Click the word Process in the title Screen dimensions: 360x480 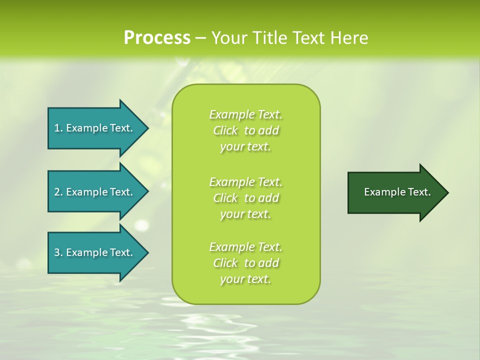[x=157, y=38]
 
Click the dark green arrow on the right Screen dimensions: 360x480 [x=395, y=192]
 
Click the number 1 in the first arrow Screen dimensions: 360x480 [x=57, y=128]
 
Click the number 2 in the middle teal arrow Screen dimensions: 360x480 [x=57, y=192]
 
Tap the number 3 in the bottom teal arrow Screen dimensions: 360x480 [x=57, y=252]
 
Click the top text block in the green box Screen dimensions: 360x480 [x=246, y=130]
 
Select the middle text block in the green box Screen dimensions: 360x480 [x=246, y=198]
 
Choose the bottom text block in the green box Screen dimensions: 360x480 [x=246, y=263]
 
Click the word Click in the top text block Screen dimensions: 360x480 [x=225, y=131]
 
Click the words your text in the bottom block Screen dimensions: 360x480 [x=245, y=279]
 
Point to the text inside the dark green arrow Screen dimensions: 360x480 [x=397, y=192]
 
